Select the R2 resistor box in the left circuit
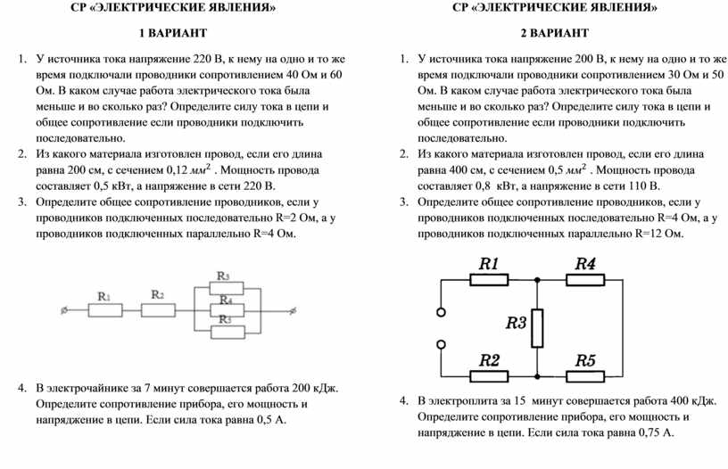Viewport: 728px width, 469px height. pos(158,310)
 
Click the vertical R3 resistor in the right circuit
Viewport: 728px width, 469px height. pos(537,328)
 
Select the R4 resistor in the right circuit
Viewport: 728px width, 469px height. pos(585,278)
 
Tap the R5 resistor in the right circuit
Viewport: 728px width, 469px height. pos(585,376)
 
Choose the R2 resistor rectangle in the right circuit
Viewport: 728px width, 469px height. pos(489,376)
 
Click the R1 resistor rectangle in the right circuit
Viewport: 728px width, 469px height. pos(489,278)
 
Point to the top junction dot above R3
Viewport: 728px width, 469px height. pos(537,278)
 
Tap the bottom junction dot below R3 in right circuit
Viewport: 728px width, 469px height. pos(537,376)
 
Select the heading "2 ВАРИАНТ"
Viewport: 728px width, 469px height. pos(554,34)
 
